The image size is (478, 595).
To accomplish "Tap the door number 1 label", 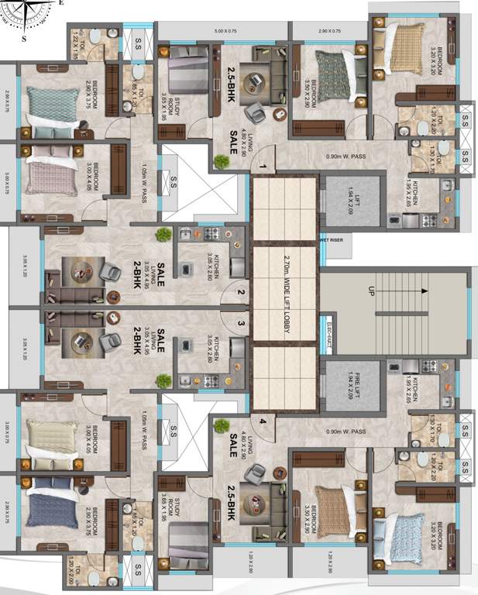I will click(x=262, y=167).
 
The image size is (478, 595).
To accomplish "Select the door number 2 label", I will click(x=241, y=293).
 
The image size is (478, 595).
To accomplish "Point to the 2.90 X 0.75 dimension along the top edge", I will click(x=329, y=31).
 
